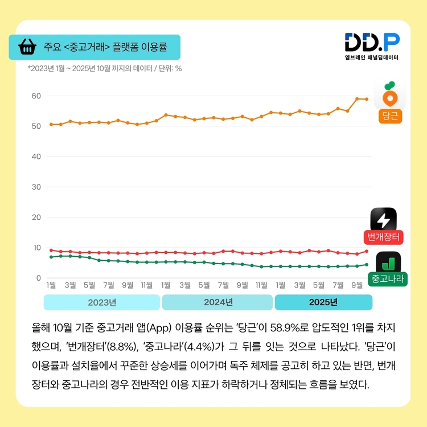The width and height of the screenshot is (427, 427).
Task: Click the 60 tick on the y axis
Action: [x=36, y=96]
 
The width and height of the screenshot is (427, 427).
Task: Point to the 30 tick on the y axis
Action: [x=36, y=187]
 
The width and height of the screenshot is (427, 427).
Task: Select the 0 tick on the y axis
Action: [x=39, y=278]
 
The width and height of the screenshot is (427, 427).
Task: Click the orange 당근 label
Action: [x=389, y=117]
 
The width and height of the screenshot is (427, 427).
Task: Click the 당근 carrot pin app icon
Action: [x=389, y=93]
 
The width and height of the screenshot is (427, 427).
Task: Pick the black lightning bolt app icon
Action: [x=384, y=219]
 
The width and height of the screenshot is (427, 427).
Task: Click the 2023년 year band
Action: [x=102, y=302]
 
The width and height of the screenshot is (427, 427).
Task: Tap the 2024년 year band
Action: [x=217, y=302]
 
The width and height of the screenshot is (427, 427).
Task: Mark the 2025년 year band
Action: [x=323, y=302]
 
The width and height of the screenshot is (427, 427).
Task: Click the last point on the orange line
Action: [x=367, y=99]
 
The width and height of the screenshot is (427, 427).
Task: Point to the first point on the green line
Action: [x=51, y=257]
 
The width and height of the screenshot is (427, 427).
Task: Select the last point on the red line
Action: [x=367, y=251]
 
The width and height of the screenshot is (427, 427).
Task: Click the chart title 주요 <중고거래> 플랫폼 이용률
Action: [x=105, y=47]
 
